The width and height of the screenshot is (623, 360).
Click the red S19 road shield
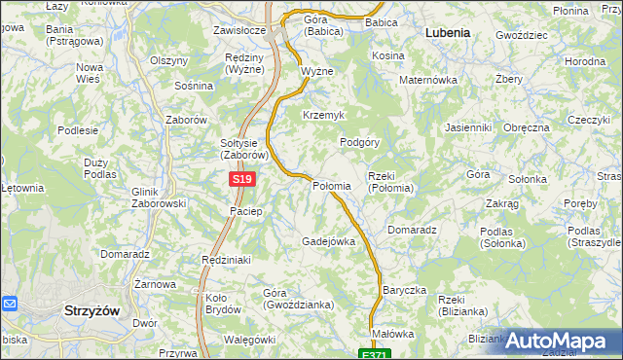tap(243, 180)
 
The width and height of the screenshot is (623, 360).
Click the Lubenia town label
tap(448, 32)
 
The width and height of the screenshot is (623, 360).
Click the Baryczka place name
tap(405, 290)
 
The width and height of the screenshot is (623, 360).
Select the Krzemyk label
tap(323, 115)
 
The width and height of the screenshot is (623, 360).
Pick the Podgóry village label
tap(359, 142)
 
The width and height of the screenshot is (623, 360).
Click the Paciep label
tap(245, 211)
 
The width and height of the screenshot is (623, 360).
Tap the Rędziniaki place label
tap(226, 260)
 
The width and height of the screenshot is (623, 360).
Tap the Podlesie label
tap(78, 129)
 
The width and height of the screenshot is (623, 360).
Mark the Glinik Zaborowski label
tap(158, 198)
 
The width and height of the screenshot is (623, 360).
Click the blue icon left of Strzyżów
tap(10, 305)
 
